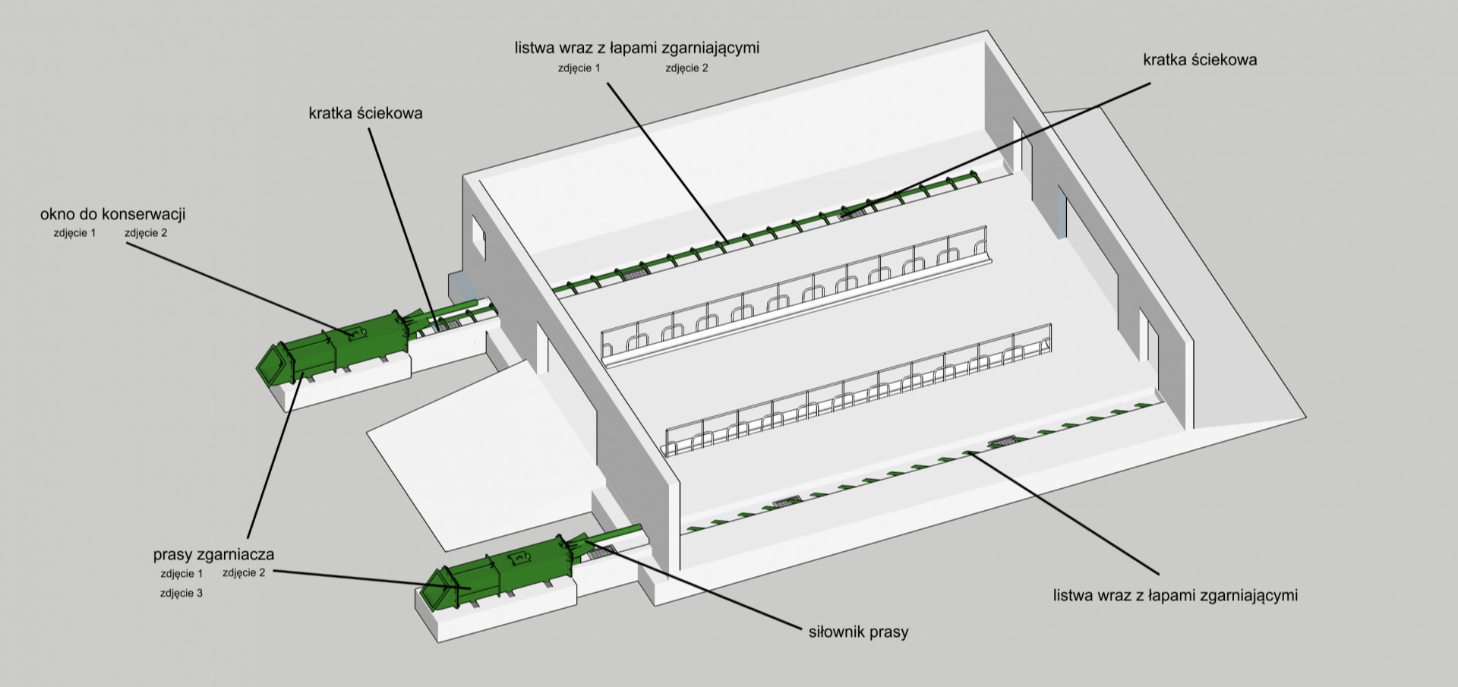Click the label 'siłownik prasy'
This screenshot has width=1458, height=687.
point(858,631)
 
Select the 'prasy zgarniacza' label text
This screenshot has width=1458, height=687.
point(213,554)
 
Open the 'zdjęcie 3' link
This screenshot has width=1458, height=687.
point(181,593)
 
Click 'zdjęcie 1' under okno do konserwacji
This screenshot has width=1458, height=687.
point(74,233)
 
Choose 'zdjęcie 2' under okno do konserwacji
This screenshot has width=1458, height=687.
point(146,233)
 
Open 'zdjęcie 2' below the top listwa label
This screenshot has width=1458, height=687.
point(686,68)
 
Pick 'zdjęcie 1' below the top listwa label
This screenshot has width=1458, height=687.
point(579,68)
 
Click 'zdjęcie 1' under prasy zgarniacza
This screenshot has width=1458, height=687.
point(181,573)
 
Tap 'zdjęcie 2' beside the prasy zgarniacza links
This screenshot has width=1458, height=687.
point(244,572)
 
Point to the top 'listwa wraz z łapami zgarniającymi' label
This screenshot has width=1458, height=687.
point(636,48)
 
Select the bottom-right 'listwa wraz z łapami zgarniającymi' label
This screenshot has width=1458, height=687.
point(1175,595)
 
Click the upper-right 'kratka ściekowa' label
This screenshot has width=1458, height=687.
point(1200,59)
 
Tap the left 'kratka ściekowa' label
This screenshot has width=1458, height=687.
point(365,113)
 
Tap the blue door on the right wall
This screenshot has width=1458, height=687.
point(1061,213)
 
